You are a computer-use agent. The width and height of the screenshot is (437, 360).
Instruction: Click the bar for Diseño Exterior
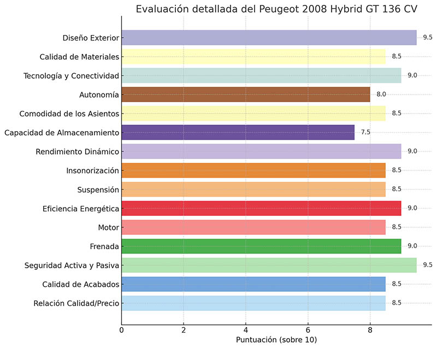click(x=269, y=38)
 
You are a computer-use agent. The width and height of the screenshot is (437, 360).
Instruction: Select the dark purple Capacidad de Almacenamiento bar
click(x=238, y=132)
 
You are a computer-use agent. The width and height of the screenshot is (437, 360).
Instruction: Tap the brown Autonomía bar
click(x=245, y=95)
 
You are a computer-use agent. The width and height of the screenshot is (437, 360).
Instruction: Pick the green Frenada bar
click(x=261, y=246)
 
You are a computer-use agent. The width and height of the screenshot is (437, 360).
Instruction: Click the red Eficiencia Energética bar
click(x=261, y=208)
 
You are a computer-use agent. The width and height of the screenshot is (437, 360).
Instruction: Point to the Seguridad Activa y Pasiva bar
click(x=269, y=265)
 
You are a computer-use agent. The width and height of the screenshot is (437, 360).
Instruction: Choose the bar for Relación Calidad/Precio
click(x=253, y=303)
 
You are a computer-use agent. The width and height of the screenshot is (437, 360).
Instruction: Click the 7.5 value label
click(x=365, y=132)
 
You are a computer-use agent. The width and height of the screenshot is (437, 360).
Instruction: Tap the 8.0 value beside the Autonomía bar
click(x=381, y=95)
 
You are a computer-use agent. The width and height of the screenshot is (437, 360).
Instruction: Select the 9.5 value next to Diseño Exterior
click(x=427, y=38)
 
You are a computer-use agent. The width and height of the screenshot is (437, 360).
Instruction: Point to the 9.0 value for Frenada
click(x=412, y=246)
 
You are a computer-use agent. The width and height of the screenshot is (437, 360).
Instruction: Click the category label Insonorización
click(x=93, y=170)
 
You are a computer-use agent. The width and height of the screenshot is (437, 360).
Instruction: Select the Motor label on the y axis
click(x=108, y=227)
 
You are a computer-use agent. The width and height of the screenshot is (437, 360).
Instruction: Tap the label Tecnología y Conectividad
click(x=71, y=75)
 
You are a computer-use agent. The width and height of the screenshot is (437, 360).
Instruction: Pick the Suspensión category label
click(x=98, y=189)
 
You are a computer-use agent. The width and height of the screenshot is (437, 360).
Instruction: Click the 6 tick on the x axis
click(x=308, y=330)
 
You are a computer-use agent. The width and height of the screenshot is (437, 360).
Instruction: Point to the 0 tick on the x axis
click(x=121, y=330)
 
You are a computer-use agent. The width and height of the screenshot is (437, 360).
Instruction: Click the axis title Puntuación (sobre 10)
click(x=276, y=340)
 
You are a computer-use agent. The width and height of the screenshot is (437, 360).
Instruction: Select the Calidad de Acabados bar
click(x=253, y=284)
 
